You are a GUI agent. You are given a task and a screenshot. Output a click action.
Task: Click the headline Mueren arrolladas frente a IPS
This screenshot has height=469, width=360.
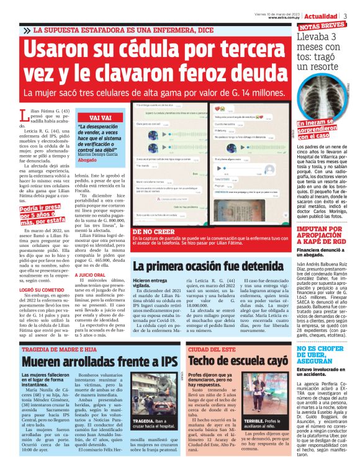tap(91, 360)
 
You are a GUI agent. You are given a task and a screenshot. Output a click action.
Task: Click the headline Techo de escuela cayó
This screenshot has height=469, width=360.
tap(238, 360)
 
